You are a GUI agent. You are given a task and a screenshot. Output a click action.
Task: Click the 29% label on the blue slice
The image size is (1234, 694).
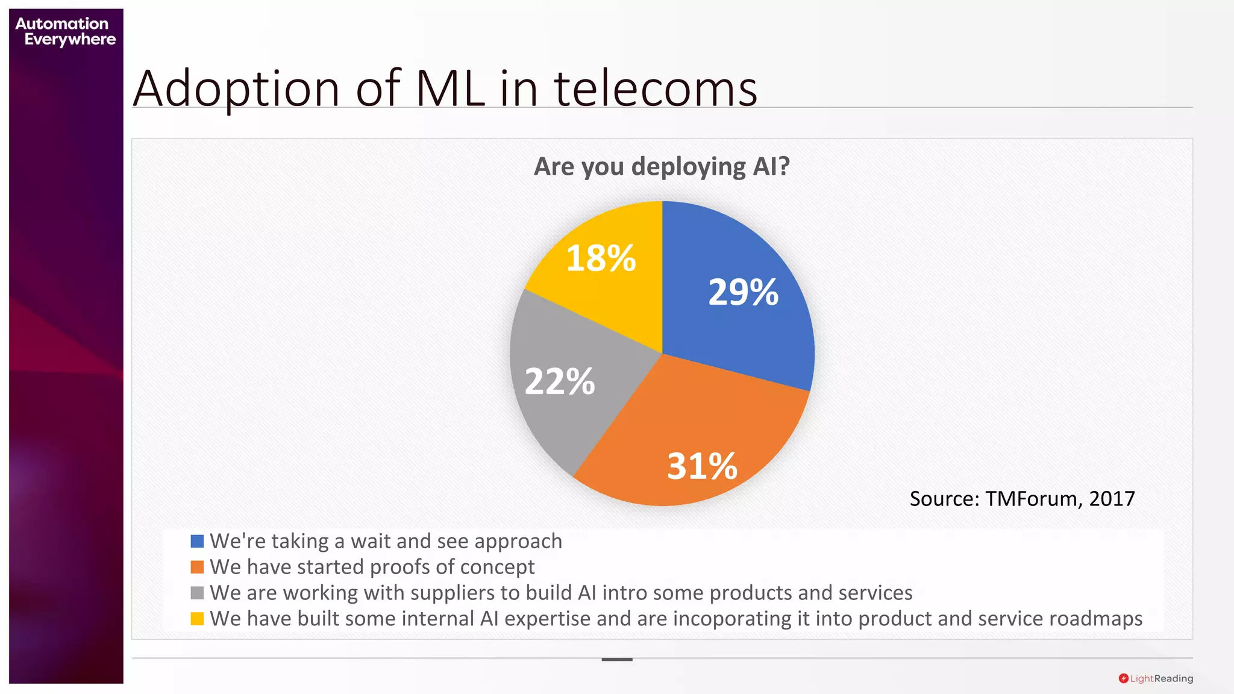click(743, 293)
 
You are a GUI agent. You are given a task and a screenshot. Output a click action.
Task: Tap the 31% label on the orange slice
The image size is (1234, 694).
click(702, 466)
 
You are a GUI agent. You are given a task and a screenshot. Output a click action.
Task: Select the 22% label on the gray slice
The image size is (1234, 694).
click(560, 382)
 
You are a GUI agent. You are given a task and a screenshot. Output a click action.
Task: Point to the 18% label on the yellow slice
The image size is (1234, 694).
click(601, 258)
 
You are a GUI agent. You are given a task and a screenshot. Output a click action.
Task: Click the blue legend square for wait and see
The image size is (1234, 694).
click(197, 541)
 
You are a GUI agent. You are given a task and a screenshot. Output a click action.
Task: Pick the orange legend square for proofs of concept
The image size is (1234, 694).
click(197, 567)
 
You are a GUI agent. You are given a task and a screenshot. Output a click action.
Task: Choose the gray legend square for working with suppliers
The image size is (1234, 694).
click(197, 593)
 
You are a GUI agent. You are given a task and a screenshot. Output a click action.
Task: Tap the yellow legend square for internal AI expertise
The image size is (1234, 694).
click(197, 619)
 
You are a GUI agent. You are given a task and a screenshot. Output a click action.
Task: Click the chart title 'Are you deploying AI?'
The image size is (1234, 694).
click(662, 167)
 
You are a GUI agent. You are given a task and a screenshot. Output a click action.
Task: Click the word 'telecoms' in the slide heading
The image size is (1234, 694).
click(656, 89)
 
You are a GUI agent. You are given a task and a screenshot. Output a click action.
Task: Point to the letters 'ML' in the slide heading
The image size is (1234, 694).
click(449, 89)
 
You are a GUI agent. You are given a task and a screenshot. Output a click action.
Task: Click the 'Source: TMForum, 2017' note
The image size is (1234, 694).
click(1022, 499)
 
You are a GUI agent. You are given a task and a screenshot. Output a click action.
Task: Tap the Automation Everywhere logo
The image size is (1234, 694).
click(65, 31)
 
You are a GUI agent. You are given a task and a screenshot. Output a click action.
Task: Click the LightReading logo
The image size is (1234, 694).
click(1156, 678)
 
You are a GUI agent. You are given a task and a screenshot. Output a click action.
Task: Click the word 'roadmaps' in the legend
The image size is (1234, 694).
click(1095, 619)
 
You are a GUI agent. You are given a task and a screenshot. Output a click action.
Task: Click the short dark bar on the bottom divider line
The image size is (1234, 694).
click(617, 659)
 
